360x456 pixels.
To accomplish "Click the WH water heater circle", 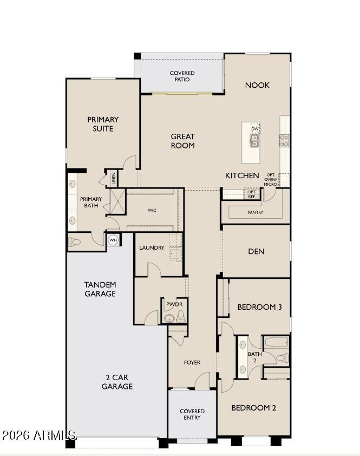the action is tap(113, 240).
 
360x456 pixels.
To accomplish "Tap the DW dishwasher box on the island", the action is tap(255, 128).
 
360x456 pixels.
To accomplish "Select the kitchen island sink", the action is tap(254, 141).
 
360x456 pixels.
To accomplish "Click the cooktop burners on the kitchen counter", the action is tap(284, 141).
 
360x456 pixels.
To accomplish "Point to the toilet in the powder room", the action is tap(181, 316).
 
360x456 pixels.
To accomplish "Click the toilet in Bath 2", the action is tap(282, 357).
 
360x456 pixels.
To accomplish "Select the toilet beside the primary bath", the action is tap(74, 242).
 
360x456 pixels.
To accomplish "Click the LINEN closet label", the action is tap(113, 179).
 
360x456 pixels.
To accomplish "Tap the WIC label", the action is tap(152, 210).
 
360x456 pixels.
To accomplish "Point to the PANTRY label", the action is tap(256, 212).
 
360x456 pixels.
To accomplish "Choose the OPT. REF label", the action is tap(252, 194).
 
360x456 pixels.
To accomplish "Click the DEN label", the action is tap(256, 251).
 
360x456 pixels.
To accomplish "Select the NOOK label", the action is tap(257, 85).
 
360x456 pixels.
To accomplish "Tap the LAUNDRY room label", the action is tap(152, 247).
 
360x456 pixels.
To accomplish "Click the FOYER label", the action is tap(192, 362).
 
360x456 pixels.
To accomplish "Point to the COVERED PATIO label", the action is tap(182, 76).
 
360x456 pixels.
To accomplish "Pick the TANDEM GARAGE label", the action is tap(100, 289).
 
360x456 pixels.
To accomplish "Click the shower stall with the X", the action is tap(117, 201).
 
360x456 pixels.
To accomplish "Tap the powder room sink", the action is tap(169, 318).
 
